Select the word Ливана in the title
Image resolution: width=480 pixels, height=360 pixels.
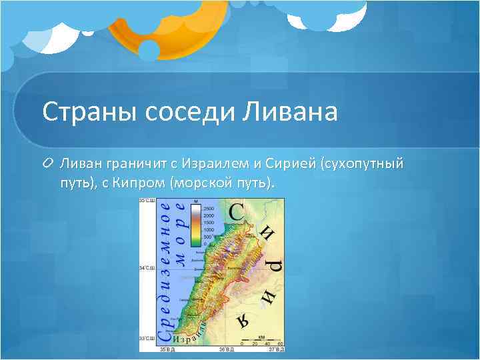pos(295,111)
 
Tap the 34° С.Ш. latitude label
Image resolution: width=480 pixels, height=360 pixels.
pos(147,268)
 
